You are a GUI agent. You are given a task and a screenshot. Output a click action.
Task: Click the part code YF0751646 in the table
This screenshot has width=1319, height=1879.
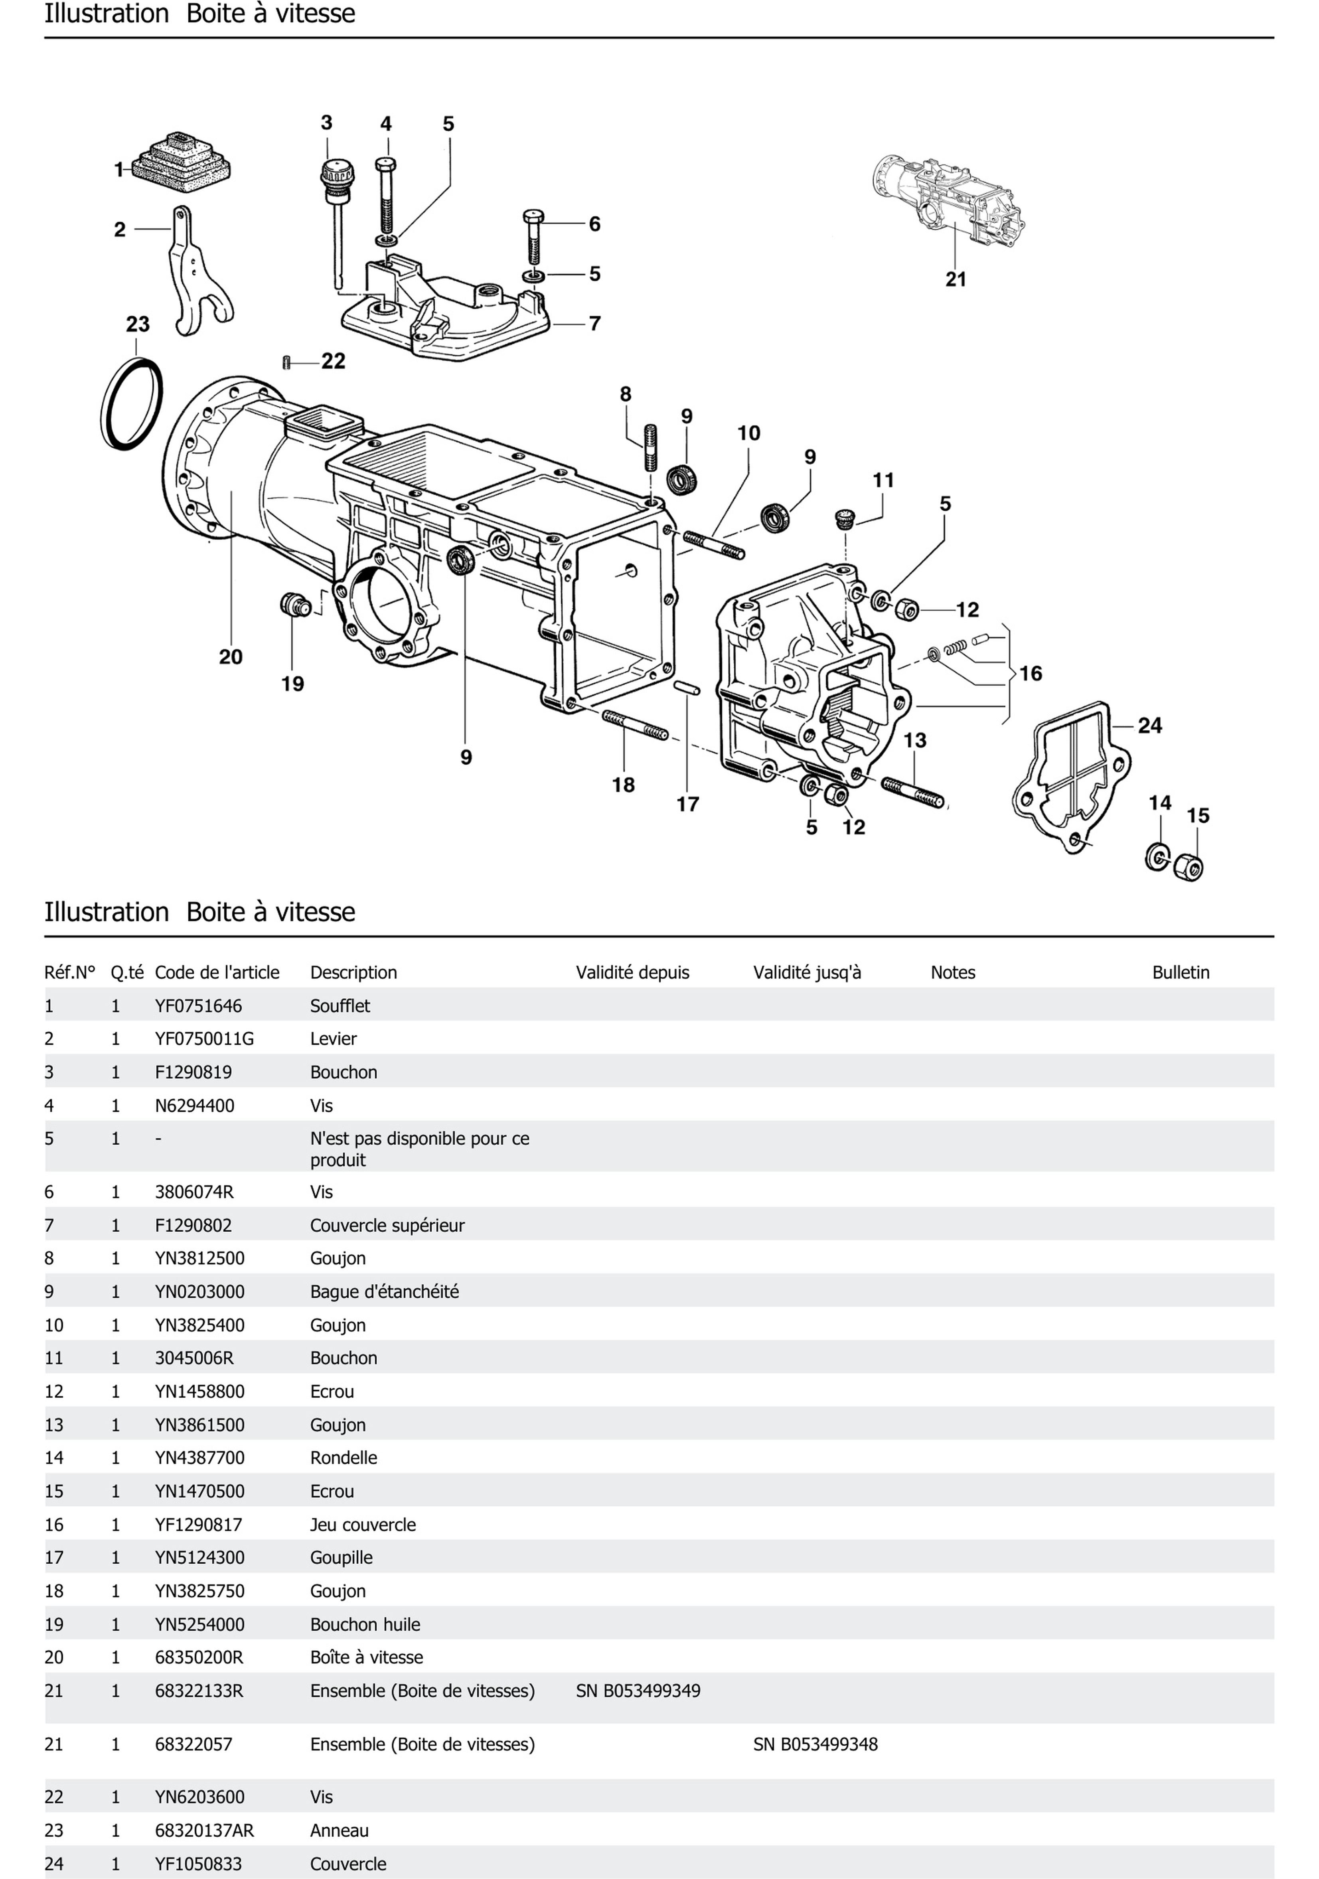point(198,1006)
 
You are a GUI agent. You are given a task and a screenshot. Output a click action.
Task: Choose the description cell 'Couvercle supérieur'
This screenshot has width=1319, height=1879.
point(387,1225)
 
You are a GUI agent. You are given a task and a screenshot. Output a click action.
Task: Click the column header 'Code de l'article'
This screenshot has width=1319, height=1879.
point(217,972)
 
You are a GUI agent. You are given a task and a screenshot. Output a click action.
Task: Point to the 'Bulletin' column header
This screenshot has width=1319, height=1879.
point(1180,972)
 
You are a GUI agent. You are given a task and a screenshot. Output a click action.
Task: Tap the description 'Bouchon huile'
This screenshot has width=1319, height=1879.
point(365,1624)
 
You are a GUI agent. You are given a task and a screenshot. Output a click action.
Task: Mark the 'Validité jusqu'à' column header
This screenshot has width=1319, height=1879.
point(807,972)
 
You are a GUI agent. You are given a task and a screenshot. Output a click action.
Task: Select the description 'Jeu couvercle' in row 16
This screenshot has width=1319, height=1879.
point(363,1525)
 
